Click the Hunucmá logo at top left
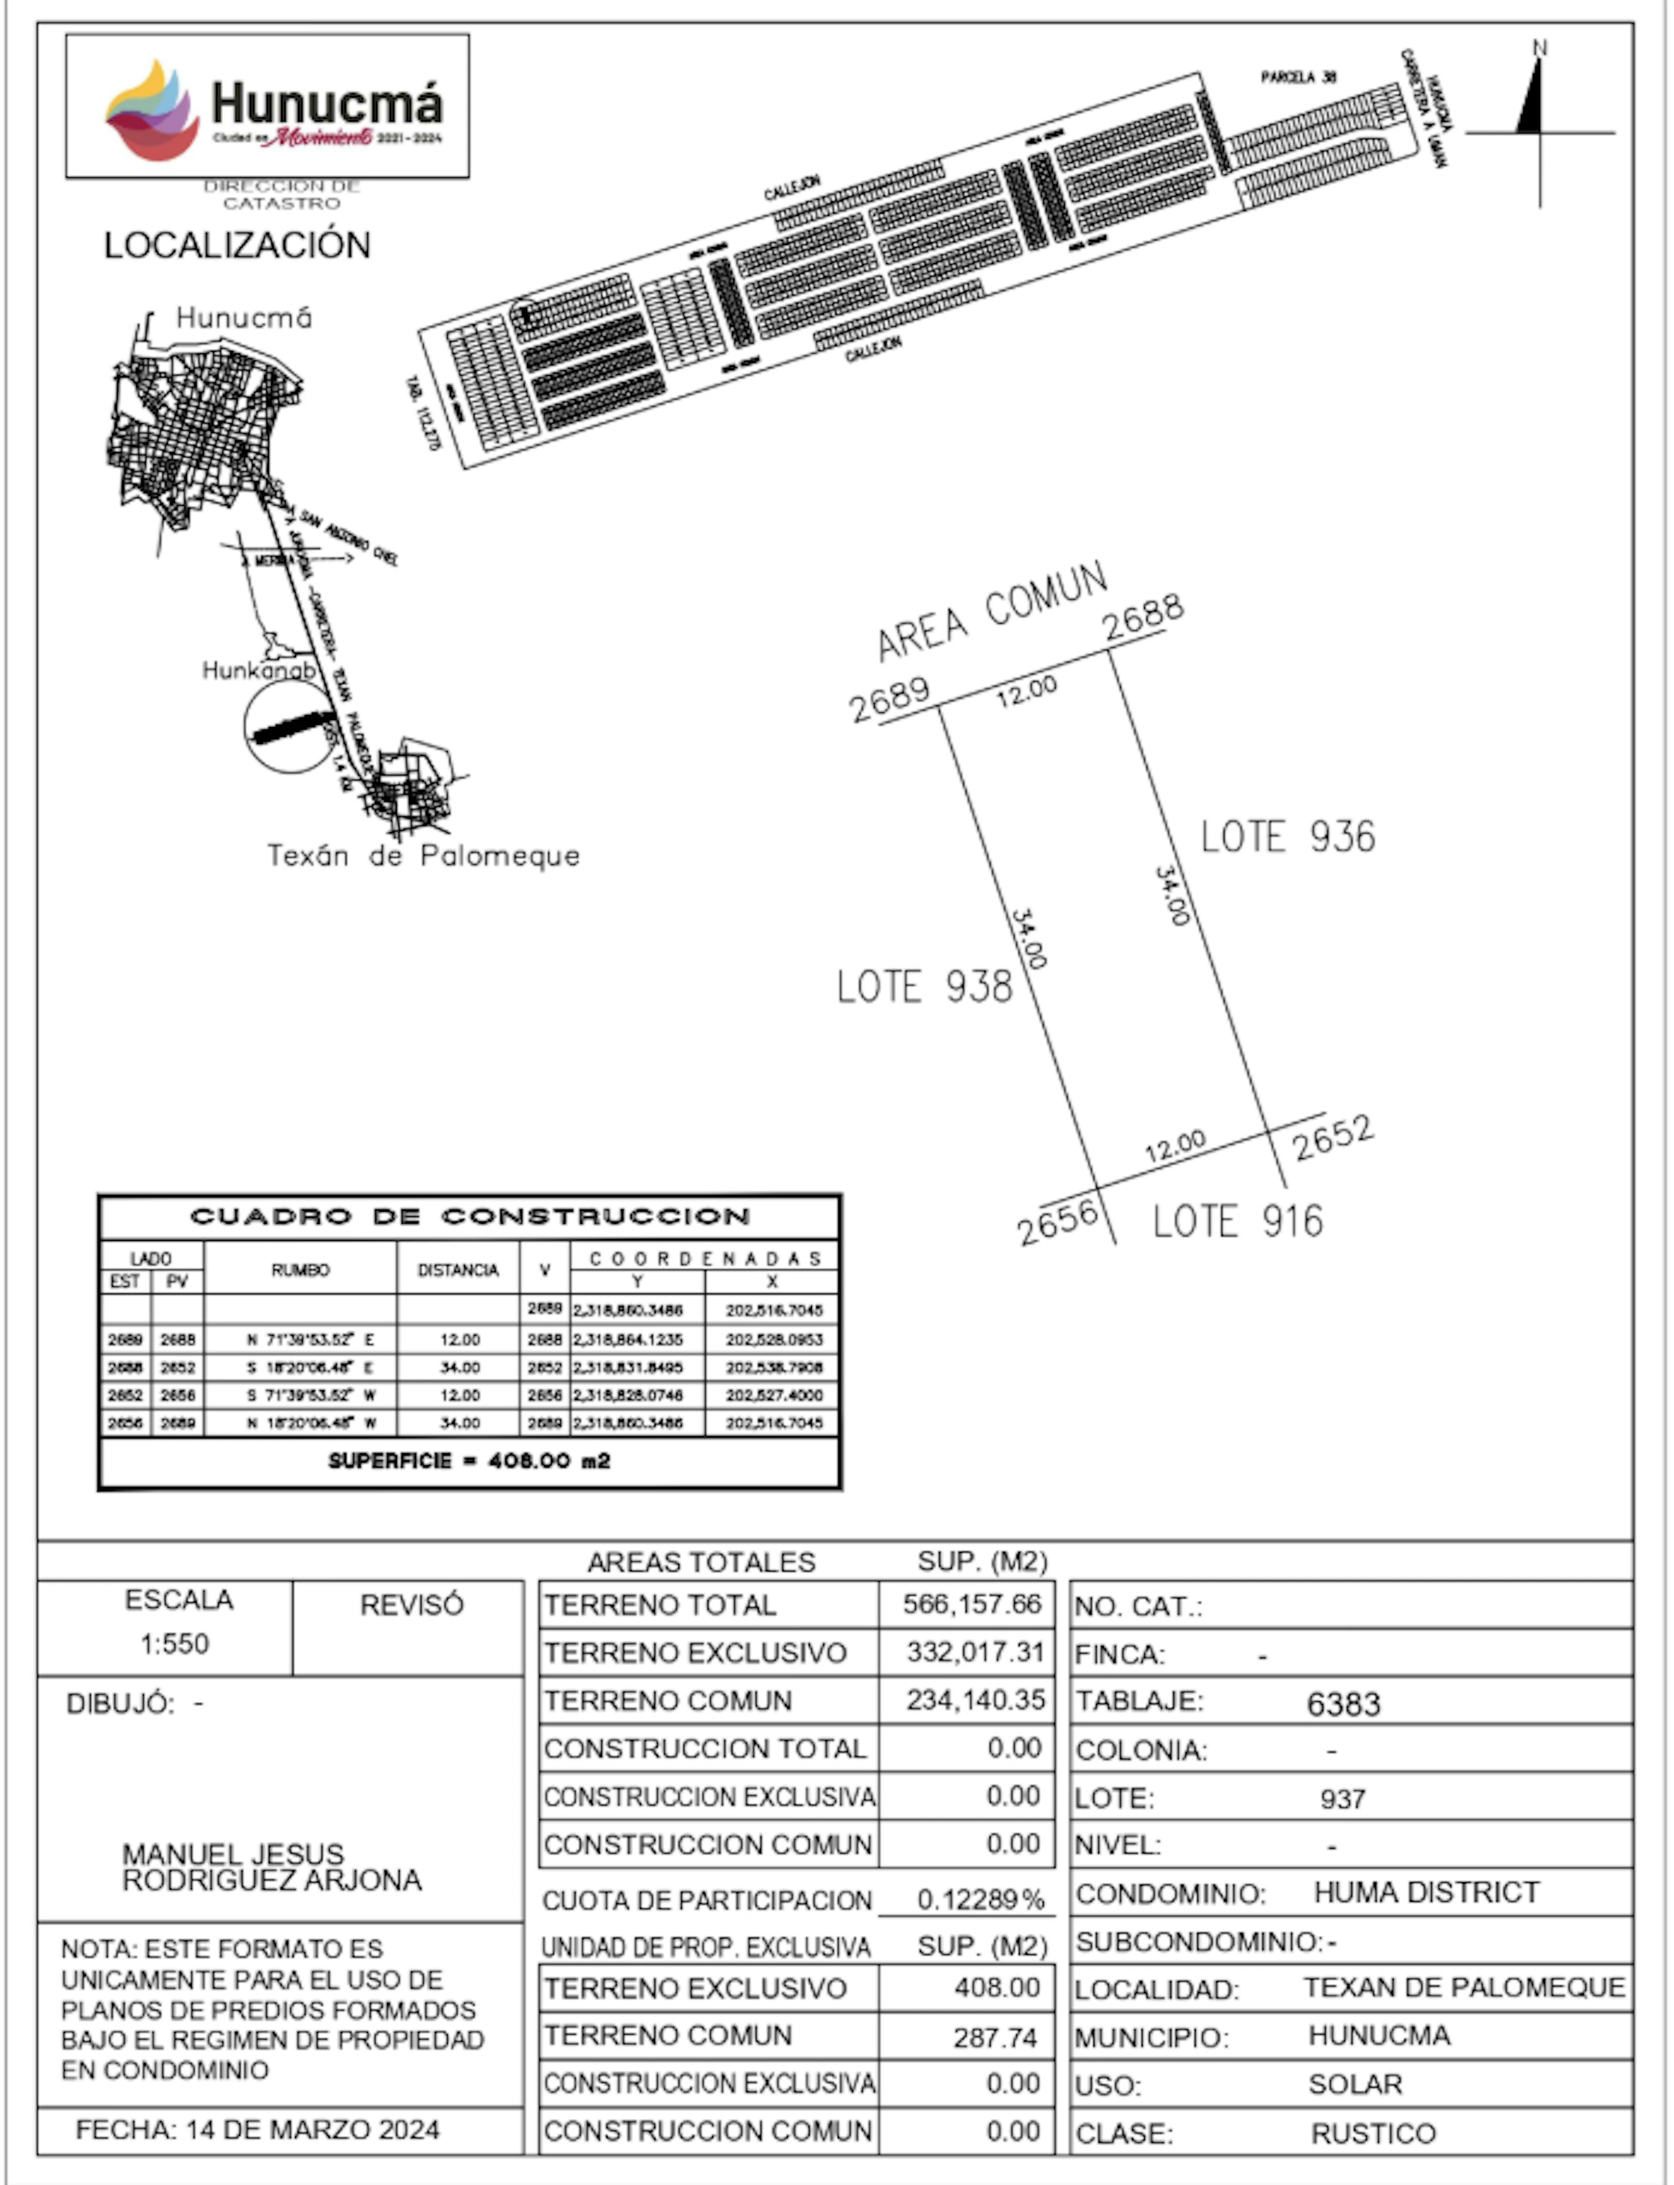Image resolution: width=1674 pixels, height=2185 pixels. click(x=267, y=107)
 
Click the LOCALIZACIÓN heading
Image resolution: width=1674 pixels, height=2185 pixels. click(x=237, y=245)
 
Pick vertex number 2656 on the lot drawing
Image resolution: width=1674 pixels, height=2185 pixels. click(x=1057, y=1222)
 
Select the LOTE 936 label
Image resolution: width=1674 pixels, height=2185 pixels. click(x=1287, y=837)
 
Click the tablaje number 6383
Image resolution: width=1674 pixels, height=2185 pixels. click(x=1343, y=1704)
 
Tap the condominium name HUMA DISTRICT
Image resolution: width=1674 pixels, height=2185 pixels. click(x=1427, y=1892)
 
